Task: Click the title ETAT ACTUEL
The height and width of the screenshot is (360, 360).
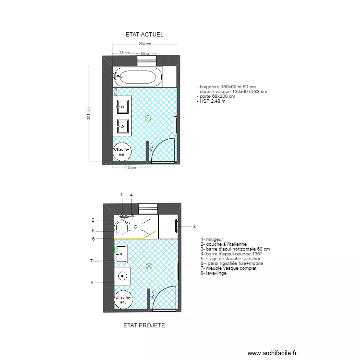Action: [x=144, y=35]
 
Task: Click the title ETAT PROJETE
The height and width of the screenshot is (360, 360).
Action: [x=144, y=325]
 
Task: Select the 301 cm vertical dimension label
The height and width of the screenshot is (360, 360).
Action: [x=89, y=113]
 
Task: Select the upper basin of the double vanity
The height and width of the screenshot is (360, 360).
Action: [x=122, y=106]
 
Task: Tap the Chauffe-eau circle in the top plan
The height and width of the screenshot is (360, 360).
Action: [x=122, y=152]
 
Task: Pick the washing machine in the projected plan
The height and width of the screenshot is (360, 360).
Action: [x=123, y=276]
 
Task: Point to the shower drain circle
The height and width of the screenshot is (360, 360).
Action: [x=136, y=226]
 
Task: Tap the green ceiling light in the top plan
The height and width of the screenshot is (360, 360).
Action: [x=148, y=118]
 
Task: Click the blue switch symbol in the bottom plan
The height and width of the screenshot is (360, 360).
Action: [x=152, y=297]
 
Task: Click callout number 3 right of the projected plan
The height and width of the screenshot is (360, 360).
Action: [x=194, y=227]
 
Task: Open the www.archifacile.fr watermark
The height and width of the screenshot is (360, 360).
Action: [x=273, y=353]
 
